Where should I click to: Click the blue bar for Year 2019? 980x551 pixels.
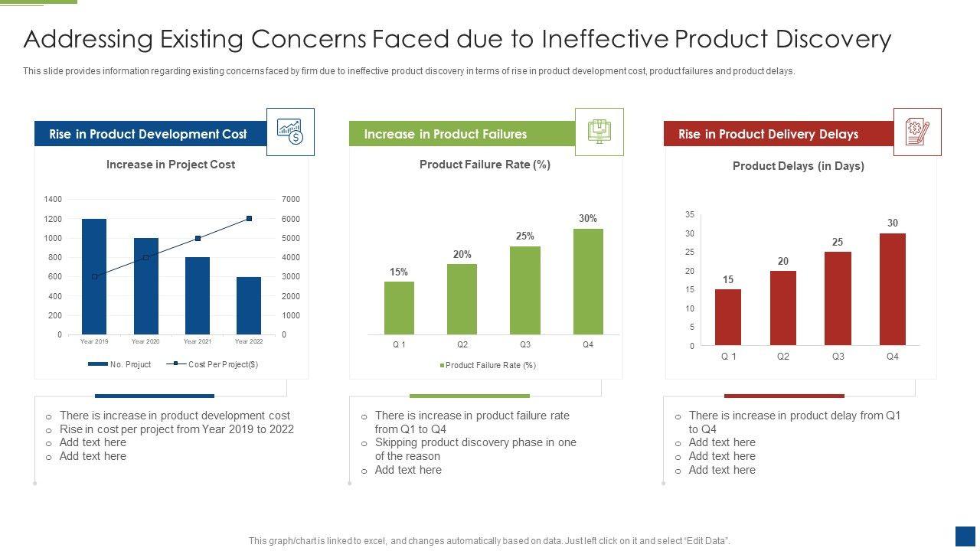(x=94, y=276)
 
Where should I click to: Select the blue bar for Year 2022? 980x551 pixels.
(x=249, y=305)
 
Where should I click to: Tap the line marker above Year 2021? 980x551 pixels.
(x=198, y=239)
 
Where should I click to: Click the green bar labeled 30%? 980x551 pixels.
(x=588, y=282)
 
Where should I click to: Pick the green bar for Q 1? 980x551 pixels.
(x=399, y=308)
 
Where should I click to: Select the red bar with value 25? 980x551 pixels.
(x=838, y=298)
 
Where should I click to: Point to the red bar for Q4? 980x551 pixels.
(x=893, y=289)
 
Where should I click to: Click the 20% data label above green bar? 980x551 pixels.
(x=462, y=254)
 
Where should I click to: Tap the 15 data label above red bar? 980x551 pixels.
(x=728, y=280)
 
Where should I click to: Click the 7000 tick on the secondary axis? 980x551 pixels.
(x=291, y=200)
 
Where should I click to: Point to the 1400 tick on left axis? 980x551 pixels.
(x=53, y=200)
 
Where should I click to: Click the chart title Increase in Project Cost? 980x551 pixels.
(x=171, y=165)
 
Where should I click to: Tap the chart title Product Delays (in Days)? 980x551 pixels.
(x=799, y=166)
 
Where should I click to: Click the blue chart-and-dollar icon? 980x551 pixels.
(x=290, y=132)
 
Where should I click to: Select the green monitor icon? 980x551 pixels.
(x=599, y=132)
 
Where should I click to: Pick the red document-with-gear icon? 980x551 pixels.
(x=917, y=132)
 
